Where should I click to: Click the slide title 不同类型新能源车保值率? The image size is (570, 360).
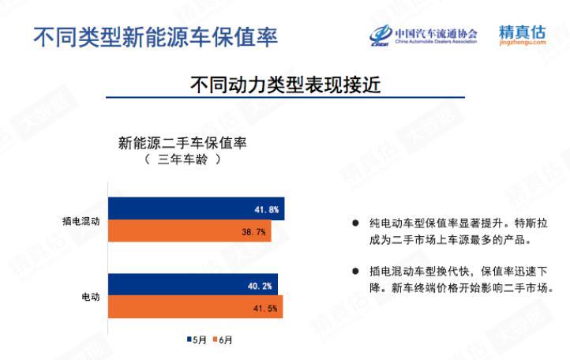point(156,37)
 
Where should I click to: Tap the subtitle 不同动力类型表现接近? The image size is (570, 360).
point(285,84)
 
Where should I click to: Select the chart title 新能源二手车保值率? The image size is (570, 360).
point(182,143)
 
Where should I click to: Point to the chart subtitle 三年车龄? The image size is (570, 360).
point(182,159)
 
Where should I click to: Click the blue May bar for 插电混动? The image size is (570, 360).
point(197,208)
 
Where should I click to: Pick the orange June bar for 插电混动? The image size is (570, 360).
point(189,231)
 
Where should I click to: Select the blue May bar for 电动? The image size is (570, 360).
point(193,284)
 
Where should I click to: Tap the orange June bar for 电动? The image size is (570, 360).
point(196,306)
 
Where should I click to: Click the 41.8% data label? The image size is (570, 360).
point(267,210)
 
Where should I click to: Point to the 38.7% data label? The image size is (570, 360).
point(253,232)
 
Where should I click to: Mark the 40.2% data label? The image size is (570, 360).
point(260,286)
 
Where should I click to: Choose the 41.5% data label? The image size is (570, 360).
point(265,309)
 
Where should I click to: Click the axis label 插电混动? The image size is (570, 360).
point(81,221)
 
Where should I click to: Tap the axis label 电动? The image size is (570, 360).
point(91,297)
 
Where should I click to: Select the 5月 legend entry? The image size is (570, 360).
point(197,340)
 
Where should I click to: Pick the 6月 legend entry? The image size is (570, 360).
point(223,340)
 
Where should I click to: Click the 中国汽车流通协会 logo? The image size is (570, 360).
point(423,36)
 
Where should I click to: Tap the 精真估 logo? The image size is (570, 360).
point(522,35)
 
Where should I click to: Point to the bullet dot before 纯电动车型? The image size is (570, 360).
point(355,223)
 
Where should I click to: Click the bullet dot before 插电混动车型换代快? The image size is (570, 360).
point(355,272)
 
